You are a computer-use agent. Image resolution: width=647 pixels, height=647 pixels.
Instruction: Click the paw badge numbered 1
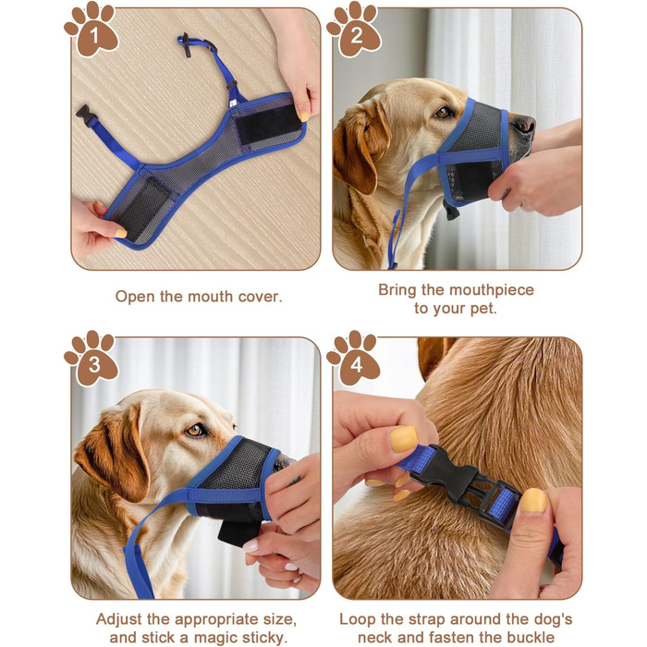[92, 30]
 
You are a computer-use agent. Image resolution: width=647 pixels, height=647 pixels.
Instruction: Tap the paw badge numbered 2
[355, 30]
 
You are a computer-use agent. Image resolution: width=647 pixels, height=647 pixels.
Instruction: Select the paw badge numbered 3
[92, 359]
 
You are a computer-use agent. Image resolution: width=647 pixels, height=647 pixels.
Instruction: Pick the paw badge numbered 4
[355, 359]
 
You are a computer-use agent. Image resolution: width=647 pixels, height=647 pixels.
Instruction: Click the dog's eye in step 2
[444, 112]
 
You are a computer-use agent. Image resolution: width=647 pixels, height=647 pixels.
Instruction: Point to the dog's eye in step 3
[196, 431]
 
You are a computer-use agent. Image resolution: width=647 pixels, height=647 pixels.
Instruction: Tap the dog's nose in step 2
[524, 123]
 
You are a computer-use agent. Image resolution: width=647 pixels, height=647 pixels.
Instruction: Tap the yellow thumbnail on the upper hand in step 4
[404, 439]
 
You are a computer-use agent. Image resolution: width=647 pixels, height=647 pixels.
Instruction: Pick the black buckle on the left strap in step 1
[85, 114]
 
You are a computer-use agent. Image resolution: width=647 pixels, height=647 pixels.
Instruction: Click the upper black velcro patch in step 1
[268, 124]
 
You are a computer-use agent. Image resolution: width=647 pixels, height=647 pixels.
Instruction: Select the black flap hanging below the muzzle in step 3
[238, 531]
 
